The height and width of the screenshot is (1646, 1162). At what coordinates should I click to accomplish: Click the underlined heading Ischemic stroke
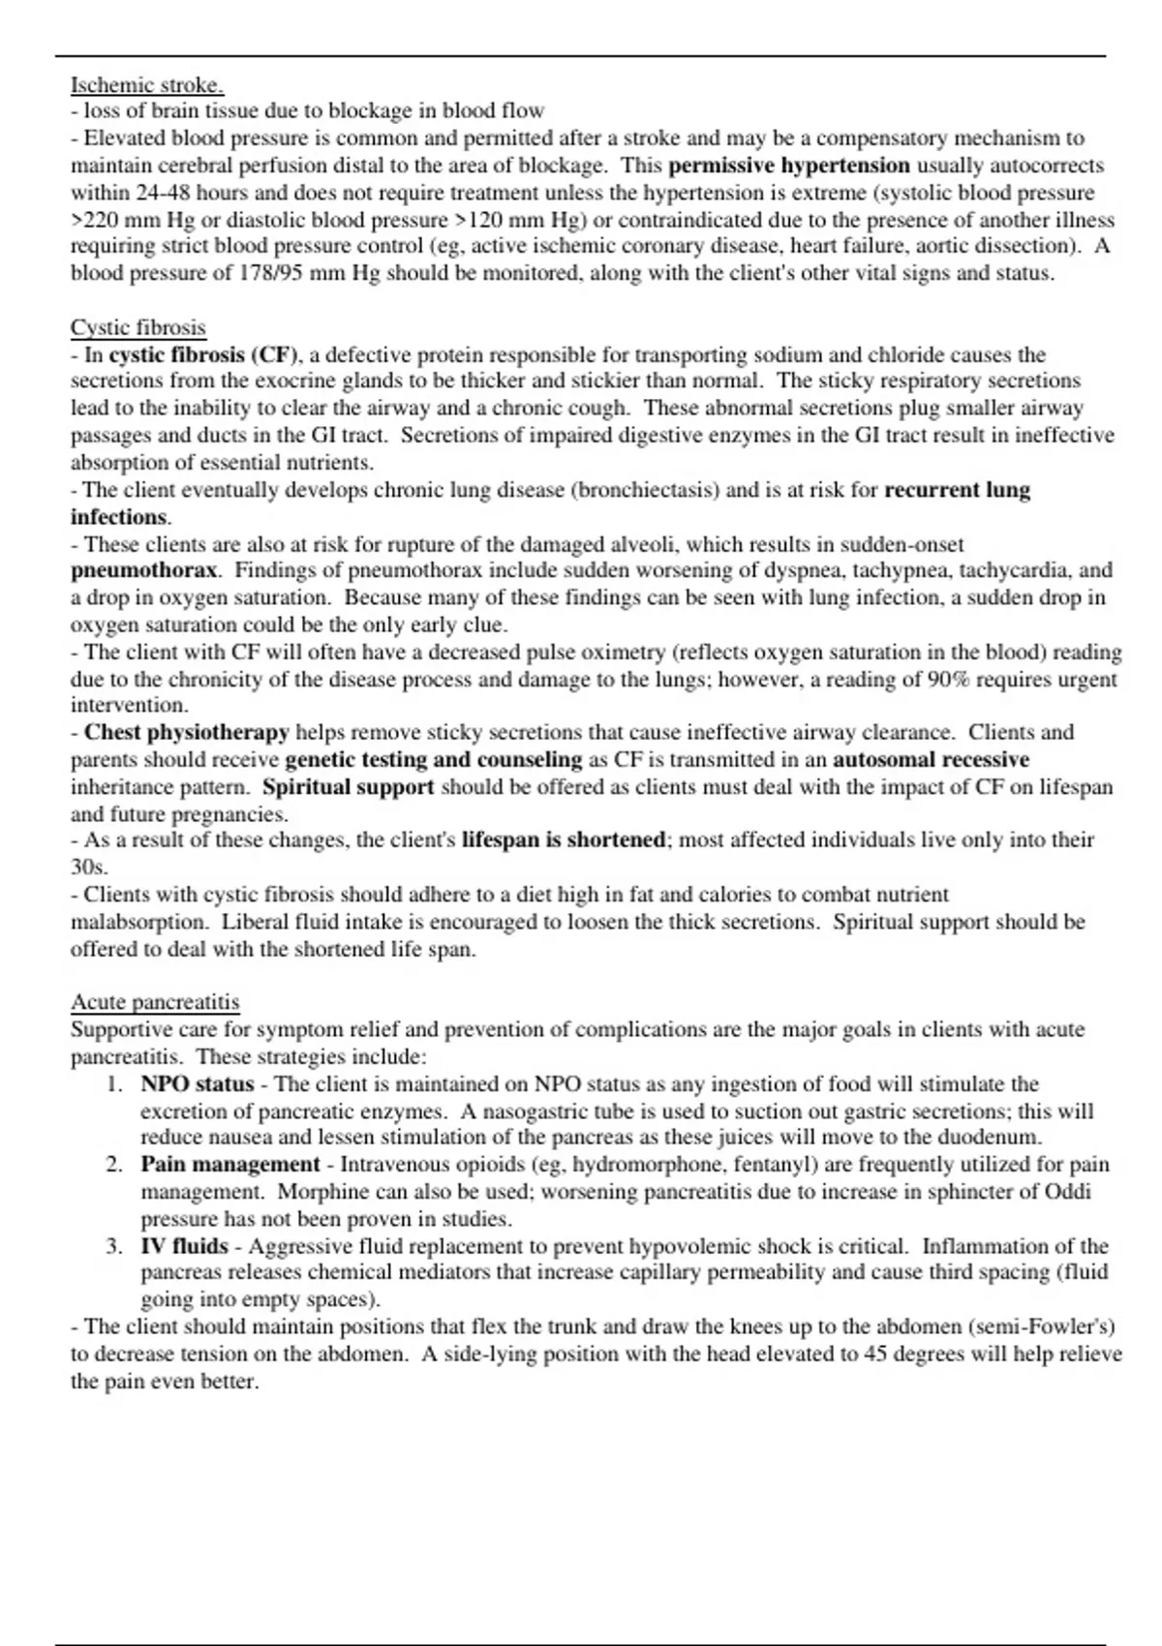(x=147, y=85)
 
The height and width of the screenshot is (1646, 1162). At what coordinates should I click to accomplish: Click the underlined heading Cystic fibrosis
(x=138, y=327)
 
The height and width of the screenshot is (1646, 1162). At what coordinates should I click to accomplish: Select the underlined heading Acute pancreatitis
(x=155, y=1002)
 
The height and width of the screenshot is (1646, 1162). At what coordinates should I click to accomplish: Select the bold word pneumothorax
(x=145, y=570)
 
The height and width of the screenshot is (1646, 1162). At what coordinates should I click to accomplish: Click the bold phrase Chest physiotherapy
(x=187, y=732)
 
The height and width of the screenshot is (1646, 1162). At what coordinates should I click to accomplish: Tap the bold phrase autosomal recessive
(x=931, y=759)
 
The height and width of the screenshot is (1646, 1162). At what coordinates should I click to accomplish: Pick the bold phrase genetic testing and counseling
(x=434, y=759)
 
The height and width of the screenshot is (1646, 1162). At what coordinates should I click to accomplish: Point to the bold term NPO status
(x=198, y=1083)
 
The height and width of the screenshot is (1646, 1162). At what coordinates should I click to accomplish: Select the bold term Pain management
(x=230, y=1164)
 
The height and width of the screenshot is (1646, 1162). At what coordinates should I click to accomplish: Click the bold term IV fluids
(x=185, y=1246)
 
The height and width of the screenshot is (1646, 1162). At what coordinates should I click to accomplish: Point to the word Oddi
(x=1068, y=1191)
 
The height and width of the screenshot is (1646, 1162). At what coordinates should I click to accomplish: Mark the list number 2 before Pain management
(x=114, y=1164)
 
